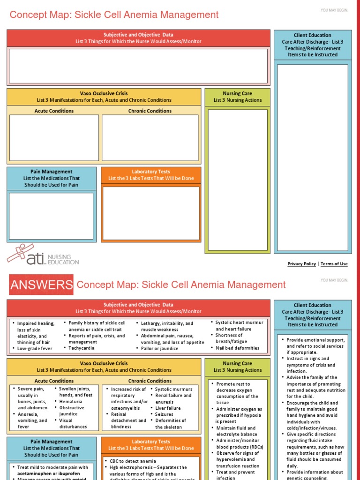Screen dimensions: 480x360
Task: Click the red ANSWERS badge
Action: pyautogui.click(x=41, y=285)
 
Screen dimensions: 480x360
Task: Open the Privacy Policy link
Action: pyautogui.click(x=301, y=264)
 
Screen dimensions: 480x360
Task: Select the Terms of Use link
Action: pyautogui.click(x=334, y=264)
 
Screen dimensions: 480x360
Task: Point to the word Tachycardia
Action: pyautogui.click(x=82, y=348)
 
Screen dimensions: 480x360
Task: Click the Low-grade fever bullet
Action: pyautogui.click(x=36, y=348)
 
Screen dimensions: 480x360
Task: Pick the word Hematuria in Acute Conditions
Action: pyautogui.click(x=71, y=401)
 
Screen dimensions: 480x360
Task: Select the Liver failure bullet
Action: pyautogui.click(x=168, y=408)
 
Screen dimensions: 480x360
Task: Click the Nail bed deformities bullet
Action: pyautogui.click(x=237, y=348)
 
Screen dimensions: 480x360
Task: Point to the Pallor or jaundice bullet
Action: pyautogui.click(x=161, y=348)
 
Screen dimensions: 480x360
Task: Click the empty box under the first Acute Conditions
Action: pyautogui.click(x=54, y=137)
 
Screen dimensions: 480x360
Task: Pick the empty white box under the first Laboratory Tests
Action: pyautogui.click(x=151, y=213)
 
